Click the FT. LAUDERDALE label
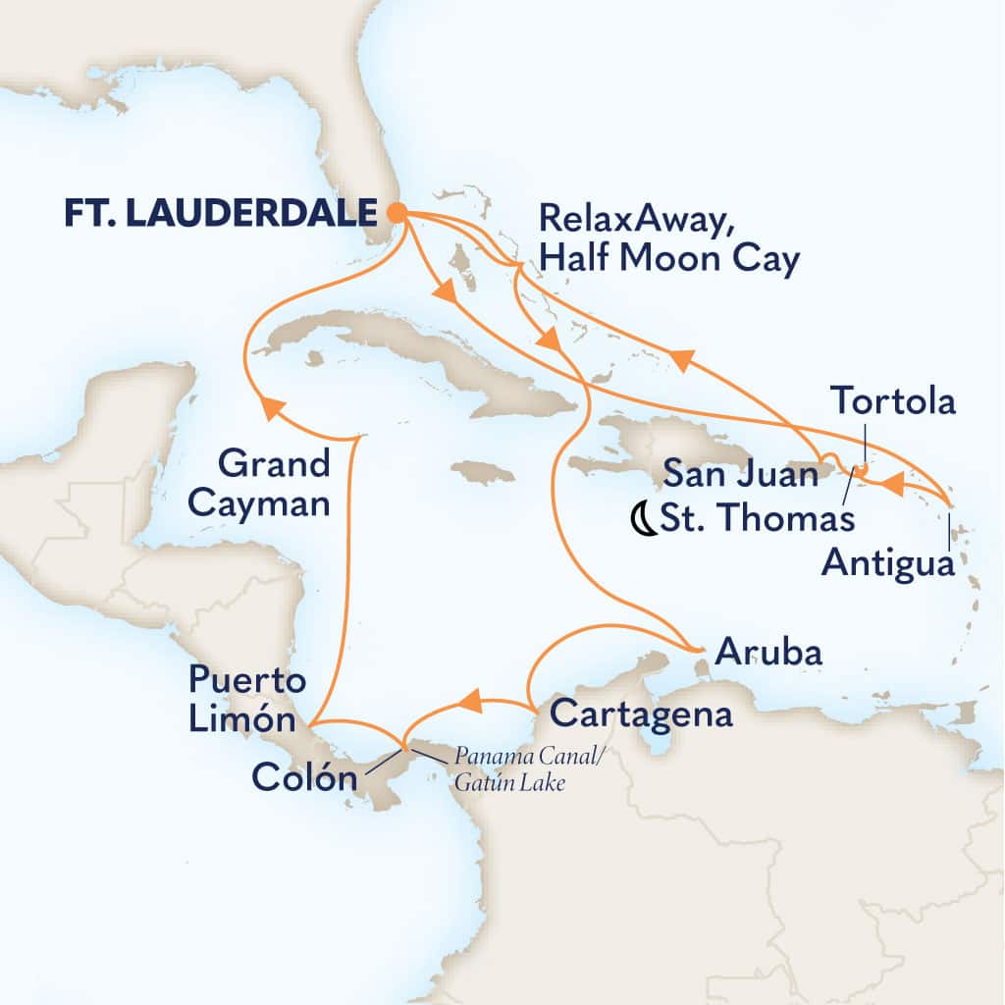(x=221, y=213)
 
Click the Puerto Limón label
(x=248, y=701)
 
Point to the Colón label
(x=301, y=777)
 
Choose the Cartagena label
(x=641, y=714)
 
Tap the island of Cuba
(x=412, y=353)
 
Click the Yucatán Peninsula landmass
(x=147, y=422)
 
